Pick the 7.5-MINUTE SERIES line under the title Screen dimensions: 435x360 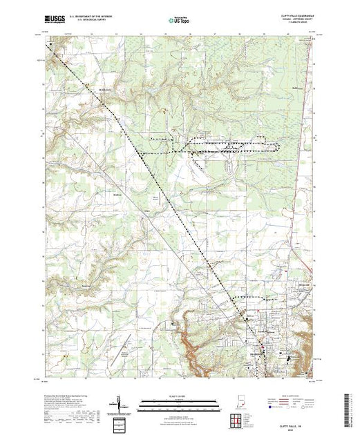tap(287, 26)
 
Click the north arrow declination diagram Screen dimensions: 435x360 tap(120, 405)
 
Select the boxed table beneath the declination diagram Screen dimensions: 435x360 tap(121, 423)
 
